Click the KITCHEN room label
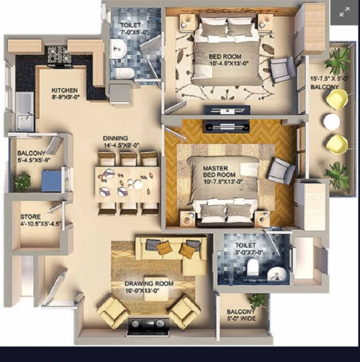[65, 90]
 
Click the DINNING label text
[115, 138]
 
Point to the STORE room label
[30, 217]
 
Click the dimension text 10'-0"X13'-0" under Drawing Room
[142, 291]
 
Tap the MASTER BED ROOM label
[219, 172]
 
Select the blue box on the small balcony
[51, 181]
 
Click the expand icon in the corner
[344, 12]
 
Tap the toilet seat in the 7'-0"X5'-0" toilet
[124, 73]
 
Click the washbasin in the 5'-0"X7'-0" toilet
[277, 274]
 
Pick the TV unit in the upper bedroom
[227, 110]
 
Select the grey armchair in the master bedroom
[281, 171]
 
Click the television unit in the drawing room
[148, 327]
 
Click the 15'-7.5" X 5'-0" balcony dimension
[329, 79]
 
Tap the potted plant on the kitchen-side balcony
[23, 181]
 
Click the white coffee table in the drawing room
[156, 288]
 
